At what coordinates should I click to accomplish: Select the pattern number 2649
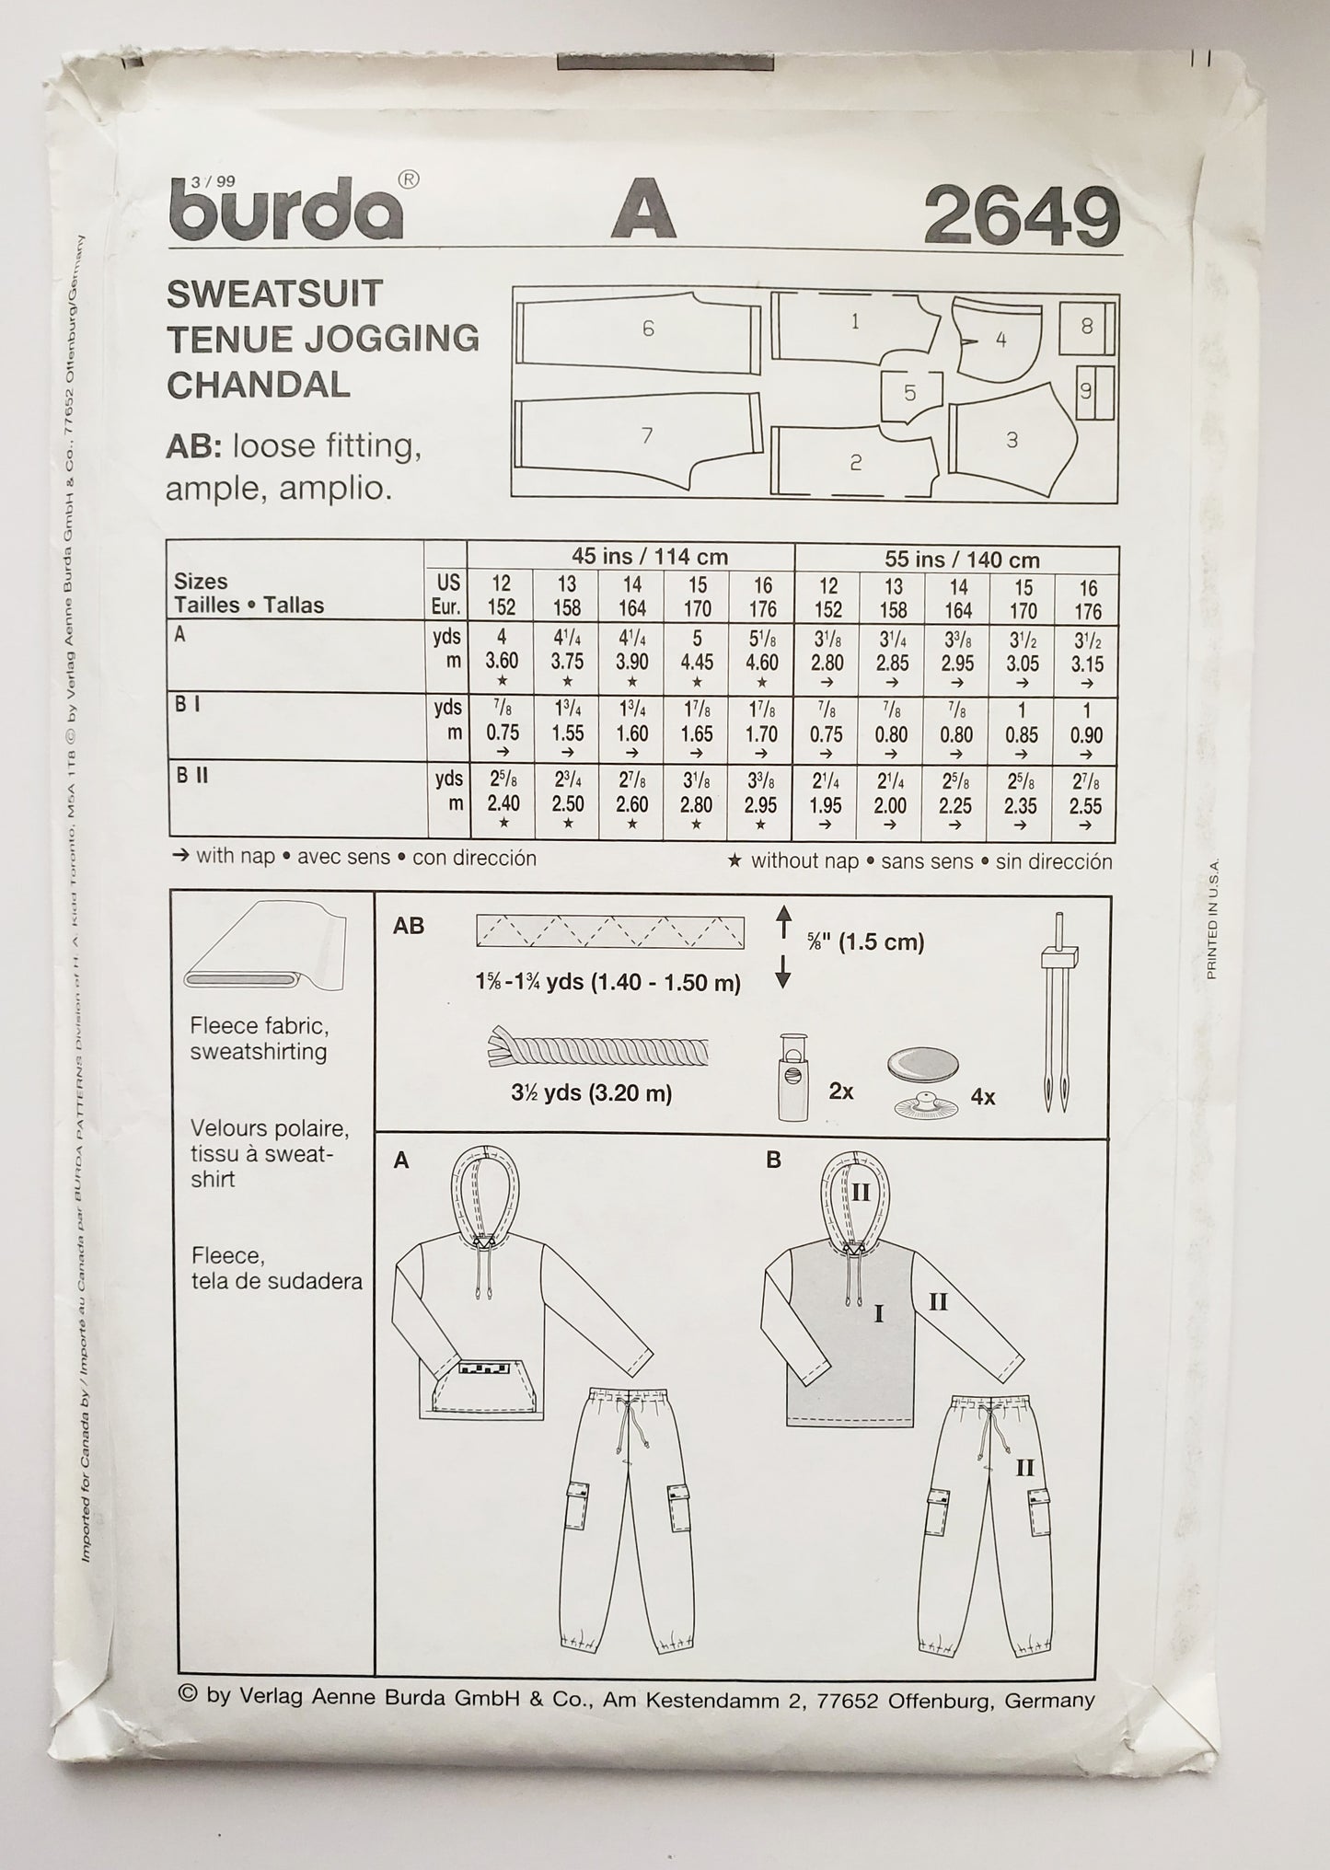click(1022, 217)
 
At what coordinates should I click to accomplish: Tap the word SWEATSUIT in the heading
click(274, 294)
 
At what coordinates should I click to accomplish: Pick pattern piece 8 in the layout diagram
click(1086, 326)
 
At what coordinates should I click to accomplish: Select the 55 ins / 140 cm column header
click(956, 560)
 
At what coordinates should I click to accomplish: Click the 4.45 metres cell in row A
click(697, 664)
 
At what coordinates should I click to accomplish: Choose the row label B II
click(192, 776)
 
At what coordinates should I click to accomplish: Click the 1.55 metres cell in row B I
click(567, 733)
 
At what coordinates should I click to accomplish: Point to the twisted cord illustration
click(596, 1049)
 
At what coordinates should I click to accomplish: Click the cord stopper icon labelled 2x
click(793, 1077)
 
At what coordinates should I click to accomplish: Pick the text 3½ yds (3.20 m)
click(592, 1093)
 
